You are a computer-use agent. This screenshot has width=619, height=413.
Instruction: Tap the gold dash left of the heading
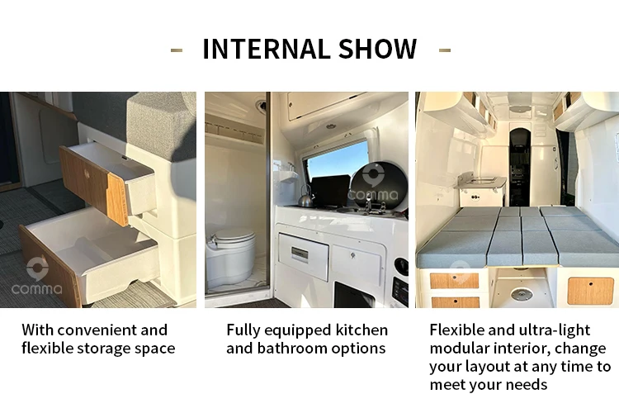tap(176, 50)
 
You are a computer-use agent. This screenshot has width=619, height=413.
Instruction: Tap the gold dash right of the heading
tap(445, 50)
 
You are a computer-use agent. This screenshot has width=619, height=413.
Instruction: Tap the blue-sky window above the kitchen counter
tap(338, 166)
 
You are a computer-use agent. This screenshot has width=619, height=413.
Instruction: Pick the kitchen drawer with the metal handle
tap(303, 256)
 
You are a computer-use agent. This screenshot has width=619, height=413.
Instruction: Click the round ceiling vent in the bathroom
tap(260, 105)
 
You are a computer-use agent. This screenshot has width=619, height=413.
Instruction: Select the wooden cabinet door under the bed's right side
tap(590, 290)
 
